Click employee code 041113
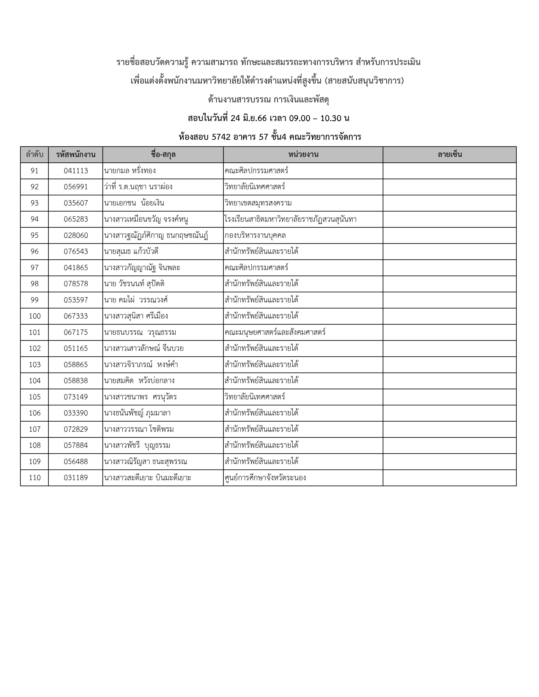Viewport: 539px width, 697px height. pyautogui.click(x=76, y=171)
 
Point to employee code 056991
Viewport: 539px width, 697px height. pyautogui.click(x=76, y=187)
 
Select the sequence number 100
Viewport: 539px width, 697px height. pyautogui.click(x=34, y=316)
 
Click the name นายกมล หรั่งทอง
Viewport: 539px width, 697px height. pyautogui.click(x=130, y=171)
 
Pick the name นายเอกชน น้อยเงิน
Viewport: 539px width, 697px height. pyautogui.click(x=134, y=203)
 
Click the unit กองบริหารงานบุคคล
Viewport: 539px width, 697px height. pyautogui.click(x=255, y=236)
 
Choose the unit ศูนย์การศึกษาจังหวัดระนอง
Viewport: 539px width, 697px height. pyautogui.click(x=265, y=478)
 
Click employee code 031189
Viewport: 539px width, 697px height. pyautogui.click(x=76, y=478)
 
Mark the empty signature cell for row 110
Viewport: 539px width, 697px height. pyautogui.click(x=450, y=478)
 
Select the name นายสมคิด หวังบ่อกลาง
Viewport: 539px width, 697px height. pyautogui.click(x=139, y=381)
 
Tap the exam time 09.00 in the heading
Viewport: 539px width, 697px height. pyautogui.click(x=300, y=118)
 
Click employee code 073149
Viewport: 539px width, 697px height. pyautogui.click(x=76, y=397)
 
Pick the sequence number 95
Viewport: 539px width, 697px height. pyautogui.click(x=34, y=236)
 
